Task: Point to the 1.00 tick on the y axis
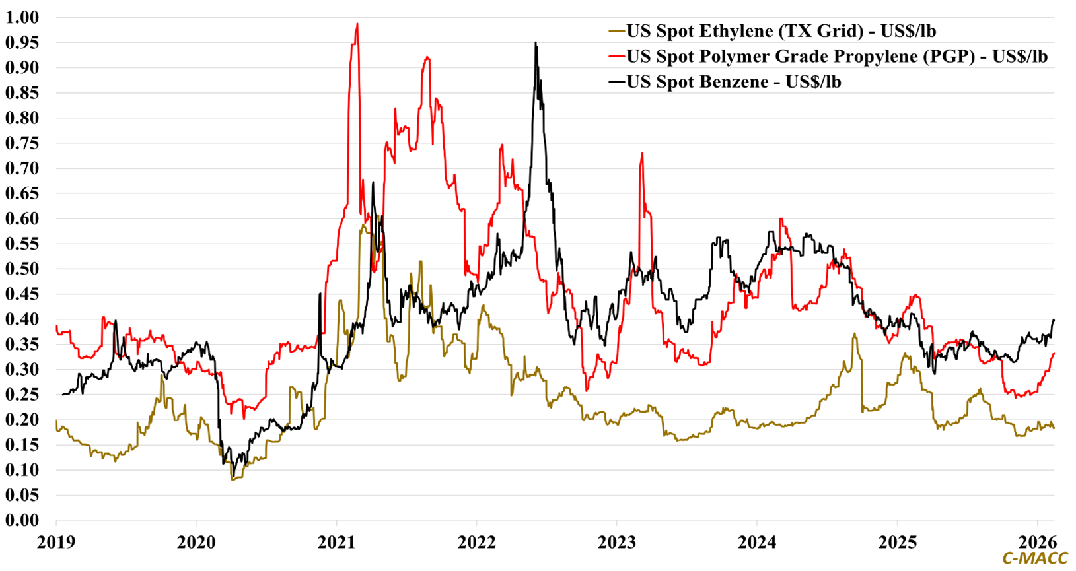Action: click(x=22, y=17)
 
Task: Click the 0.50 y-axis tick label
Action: click(x=22, y=269)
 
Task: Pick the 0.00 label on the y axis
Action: click(x=22, y=520)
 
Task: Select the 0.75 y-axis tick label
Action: click(x=22, y=143)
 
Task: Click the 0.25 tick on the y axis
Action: click(x=22, y=395)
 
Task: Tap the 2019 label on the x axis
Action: click(x=56, y=543)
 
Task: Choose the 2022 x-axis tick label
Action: click(x=476, y=543)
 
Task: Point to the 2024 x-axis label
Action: click(x=757, y=543)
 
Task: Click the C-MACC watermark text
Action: click(x=1034, y=558)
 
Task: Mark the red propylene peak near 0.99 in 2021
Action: click(x=357, y=24)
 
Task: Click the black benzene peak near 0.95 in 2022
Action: click(x=536, y=44)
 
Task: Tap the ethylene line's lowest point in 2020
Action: click(x=233, y=479)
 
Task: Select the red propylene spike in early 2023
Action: click(x=641, y=154)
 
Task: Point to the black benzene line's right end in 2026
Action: click(x=1054, y=320)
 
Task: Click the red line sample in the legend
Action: click(x=616, y=57)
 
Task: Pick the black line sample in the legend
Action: click(x=616, y=82)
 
